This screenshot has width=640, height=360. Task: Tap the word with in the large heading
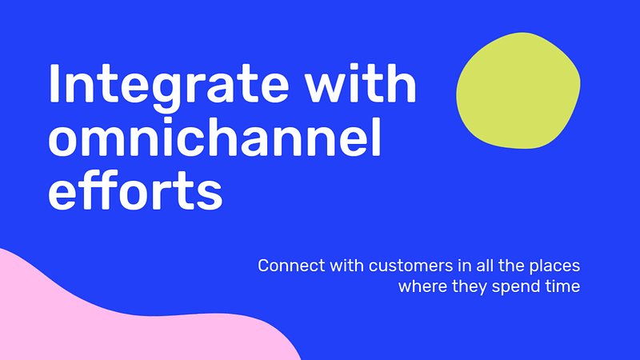[361, 82]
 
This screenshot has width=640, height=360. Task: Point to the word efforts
[135, 190]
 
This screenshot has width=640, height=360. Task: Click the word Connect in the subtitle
[291, 266]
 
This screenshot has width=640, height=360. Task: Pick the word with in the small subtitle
[346, 266]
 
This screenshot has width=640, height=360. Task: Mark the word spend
[516, 287]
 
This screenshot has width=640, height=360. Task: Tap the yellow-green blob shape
[518, 90]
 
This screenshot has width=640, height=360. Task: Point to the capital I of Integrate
[53, 82]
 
